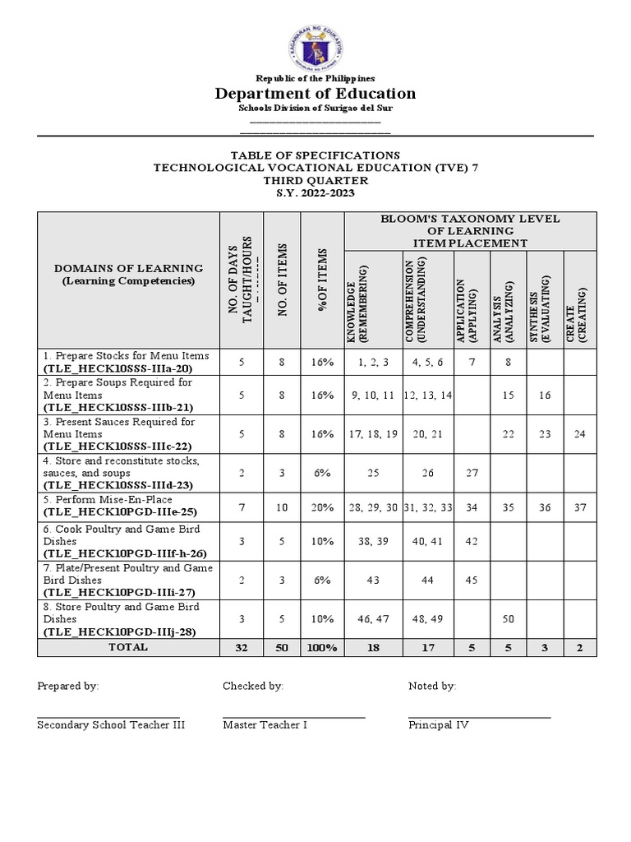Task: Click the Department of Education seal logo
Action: (x=315, y=47)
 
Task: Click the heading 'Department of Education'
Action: (x=315, y=93)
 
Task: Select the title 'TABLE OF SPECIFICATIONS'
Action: (x=315, y=155)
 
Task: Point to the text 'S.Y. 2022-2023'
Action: (x=315, y=192)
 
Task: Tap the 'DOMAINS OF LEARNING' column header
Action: (x=128, y=268)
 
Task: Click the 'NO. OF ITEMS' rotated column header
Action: (x=282, y=280)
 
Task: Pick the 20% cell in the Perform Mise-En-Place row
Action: (x=322, y=507)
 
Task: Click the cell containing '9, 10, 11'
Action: (x=373, y=396)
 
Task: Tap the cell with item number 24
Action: (x=580, y=433)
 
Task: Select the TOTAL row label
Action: (x=128, y=648)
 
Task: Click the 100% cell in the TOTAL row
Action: (x=322, y=648)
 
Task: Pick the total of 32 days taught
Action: (x=242, y=648)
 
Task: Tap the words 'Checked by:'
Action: (x=253, y=686)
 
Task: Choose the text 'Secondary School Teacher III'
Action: (x=111, y=725)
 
